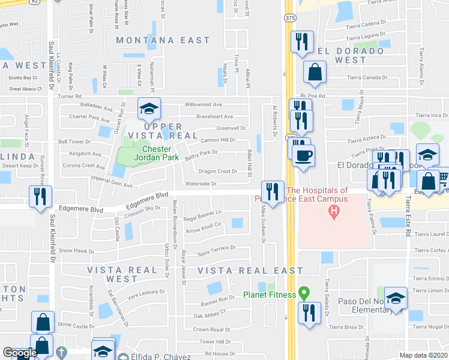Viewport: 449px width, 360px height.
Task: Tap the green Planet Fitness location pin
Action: pyautogui.click(x=304, y=294)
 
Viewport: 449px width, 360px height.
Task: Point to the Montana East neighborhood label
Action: pyautogui.click(x=163, y=40)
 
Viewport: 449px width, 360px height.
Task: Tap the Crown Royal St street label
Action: pyautogui.click(x=212, y=329)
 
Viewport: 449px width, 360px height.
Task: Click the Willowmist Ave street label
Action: pyautogui.click(x=206, y=104)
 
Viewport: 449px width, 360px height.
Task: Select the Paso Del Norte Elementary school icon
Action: pyautogui.click(x=396, y=298)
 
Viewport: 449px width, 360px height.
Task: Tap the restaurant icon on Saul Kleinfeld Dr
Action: pyautogui.click(x=41, y=196)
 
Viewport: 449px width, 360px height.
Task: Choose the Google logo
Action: pyautogui.click(x=20, y=353)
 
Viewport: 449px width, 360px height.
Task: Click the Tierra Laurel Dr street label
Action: pyautogui.click(x=431, y=235)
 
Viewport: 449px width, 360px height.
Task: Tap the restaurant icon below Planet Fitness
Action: pyautogui.click(x=308, y=313)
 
